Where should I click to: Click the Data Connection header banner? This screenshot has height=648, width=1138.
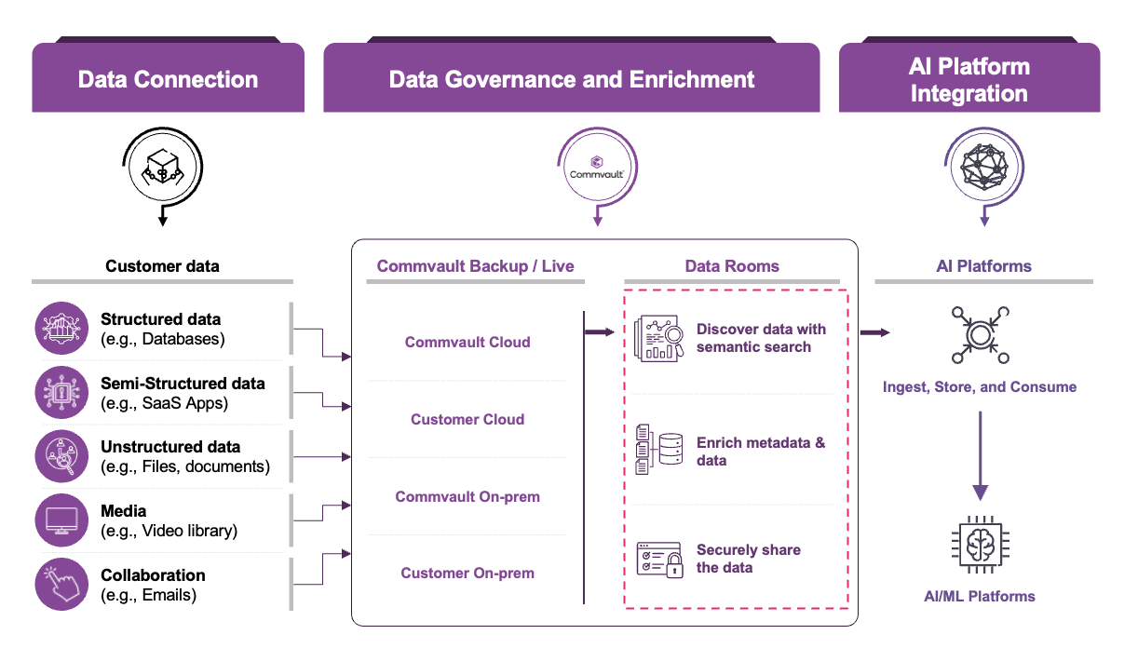(168, 79)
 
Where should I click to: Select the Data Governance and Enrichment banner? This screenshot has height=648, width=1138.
(571, 79)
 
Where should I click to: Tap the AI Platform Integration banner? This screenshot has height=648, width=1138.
(969, 80)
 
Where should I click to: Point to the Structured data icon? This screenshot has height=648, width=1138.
(61, 329)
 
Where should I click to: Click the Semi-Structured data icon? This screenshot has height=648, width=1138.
(61, 393)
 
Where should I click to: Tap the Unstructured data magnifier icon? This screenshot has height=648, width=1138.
(61, 457)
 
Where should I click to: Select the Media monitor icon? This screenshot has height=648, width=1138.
(61, 520)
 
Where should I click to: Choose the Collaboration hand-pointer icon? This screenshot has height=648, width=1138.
(61, 585)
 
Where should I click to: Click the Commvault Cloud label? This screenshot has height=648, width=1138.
(467, 343)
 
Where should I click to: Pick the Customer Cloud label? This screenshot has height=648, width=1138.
(467, 420)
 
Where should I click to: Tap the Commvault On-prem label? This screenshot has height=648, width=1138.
(467, 497)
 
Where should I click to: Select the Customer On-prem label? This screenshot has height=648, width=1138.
(467, 574)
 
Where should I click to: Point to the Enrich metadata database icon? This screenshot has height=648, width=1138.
(658, 450)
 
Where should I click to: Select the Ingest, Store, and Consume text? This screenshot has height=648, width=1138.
(980, 387)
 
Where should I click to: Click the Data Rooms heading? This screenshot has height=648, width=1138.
(732, 266)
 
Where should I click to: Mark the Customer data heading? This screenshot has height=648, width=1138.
(162, 266)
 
